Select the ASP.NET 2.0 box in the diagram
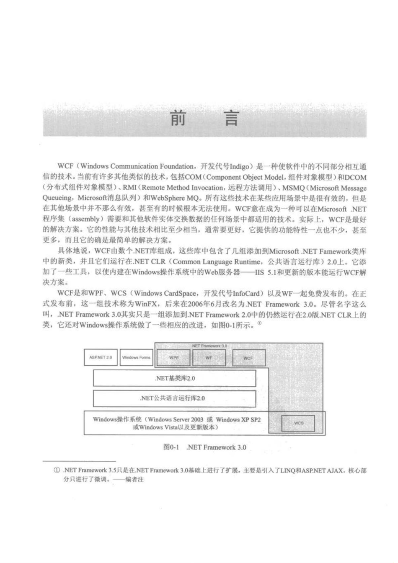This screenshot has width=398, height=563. tap(101, 358)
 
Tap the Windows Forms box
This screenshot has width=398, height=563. tap(136, 358)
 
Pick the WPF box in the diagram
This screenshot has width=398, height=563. tap(173, 358)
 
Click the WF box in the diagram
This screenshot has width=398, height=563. tap(209, 358)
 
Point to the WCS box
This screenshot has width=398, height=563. tap(299, 423)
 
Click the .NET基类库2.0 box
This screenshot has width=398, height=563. tap(174, 378)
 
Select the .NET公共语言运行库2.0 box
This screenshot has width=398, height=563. tap(174, 398)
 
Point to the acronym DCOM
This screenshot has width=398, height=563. tap(356, 177)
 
